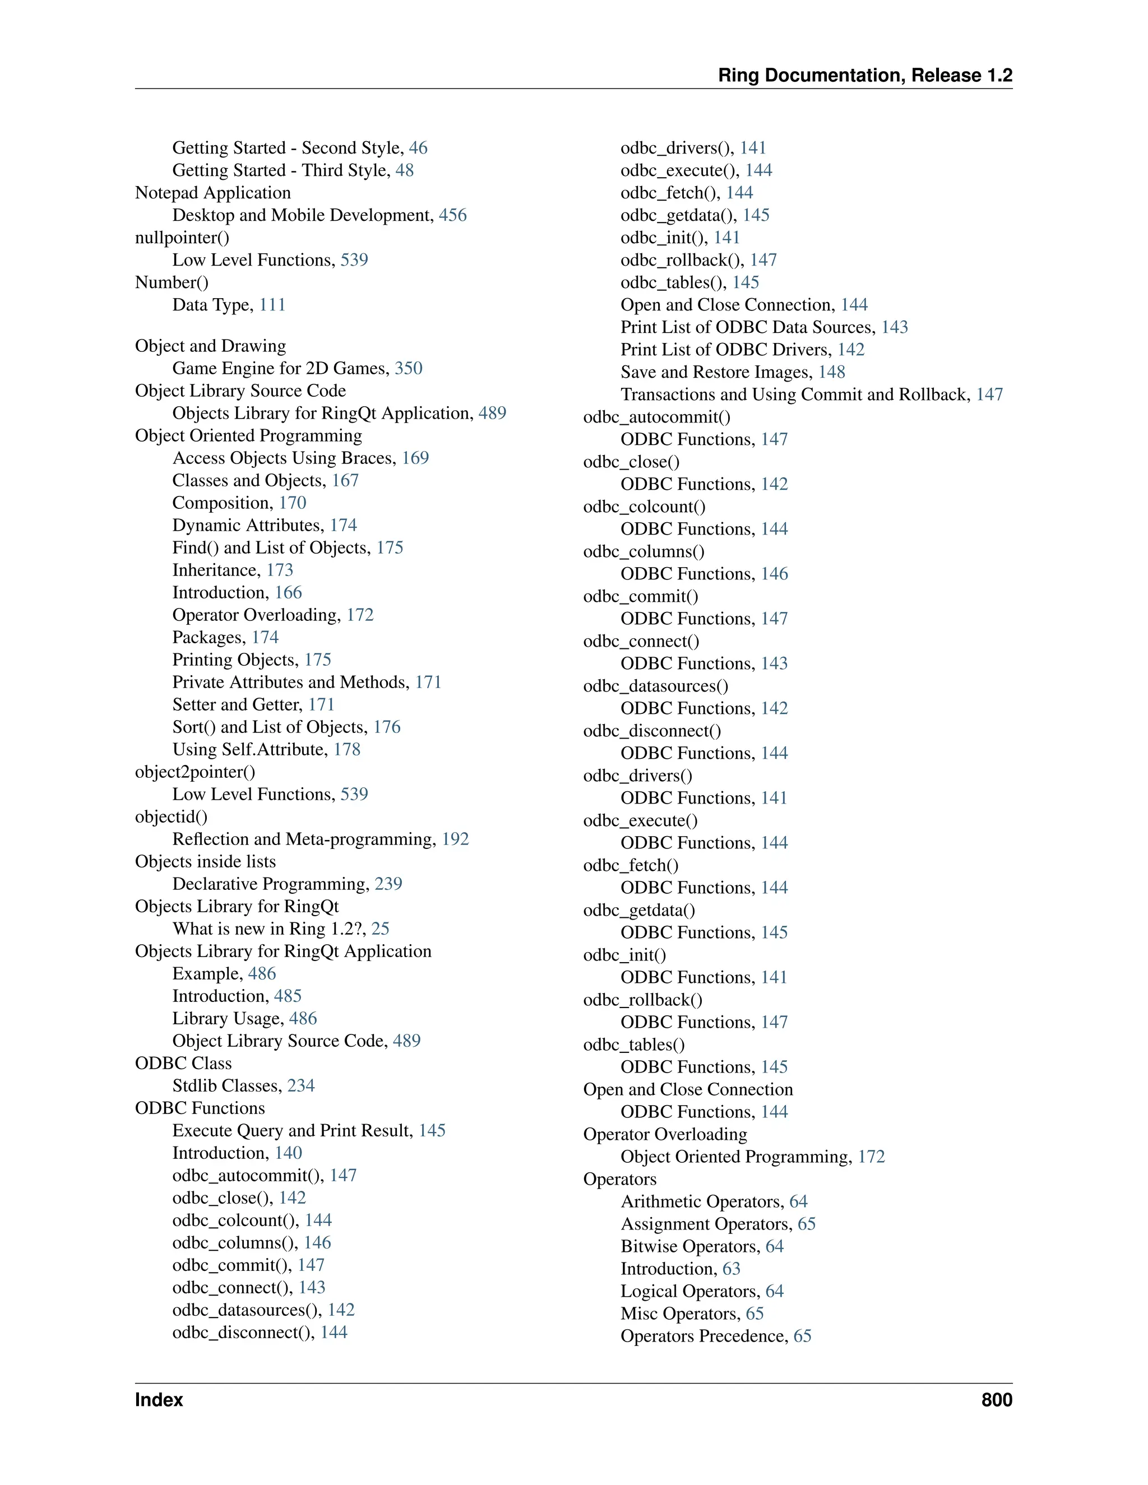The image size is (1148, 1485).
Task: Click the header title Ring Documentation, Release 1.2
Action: (864, 76)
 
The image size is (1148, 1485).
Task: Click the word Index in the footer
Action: (159, 1400)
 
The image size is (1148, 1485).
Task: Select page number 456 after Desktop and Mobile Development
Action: (452, 216)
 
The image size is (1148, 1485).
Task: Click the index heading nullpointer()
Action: (182, 238)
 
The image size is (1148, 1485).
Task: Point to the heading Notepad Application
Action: (213, 193)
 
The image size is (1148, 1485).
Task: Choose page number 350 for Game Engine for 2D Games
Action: (408, 369)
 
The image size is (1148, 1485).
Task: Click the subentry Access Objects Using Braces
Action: (284, 458)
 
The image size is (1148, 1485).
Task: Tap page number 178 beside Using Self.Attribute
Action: (347, 749)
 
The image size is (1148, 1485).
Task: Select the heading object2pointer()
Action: (195, 772)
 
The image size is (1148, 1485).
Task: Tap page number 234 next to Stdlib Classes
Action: (300, 1086)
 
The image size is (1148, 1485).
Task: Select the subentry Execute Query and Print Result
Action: (291, 1131)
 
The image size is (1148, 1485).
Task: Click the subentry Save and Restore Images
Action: (715, 373)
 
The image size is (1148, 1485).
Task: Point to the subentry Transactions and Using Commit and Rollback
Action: (794, 395)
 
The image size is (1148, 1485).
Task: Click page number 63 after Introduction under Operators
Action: (731, 1269)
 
